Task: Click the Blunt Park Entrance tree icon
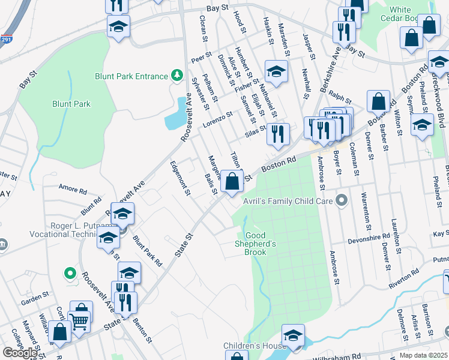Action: coord(177,76)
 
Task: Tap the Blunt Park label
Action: coord(71,104)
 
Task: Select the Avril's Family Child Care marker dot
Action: coord(342,200)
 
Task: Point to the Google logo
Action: coord(20,353)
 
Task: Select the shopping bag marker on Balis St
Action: coord(232,180)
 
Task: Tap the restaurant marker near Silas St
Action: coord(278,134)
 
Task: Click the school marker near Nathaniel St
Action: coord(276,71)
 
